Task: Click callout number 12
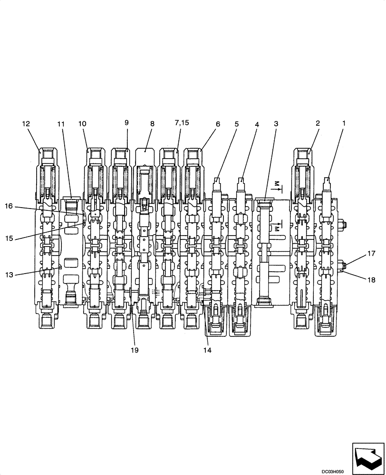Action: pos(26,123)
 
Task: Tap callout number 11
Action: pos(60,123)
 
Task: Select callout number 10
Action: pos(82,123)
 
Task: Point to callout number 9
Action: pos(126,123)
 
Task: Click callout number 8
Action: pos(152,123)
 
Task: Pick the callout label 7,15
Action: pos(181,123)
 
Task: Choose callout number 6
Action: pos(218,123)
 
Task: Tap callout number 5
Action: pos(236,123)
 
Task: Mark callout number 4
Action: pos(257,123)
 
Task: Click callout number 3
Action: pos(276,123)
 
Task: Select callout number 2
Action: pos(318,123)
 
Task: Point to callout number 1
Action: pos(344,123)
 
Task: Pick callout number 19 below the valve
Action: pos(135,351)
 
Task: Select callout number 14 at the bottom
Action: pos(207,351)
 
